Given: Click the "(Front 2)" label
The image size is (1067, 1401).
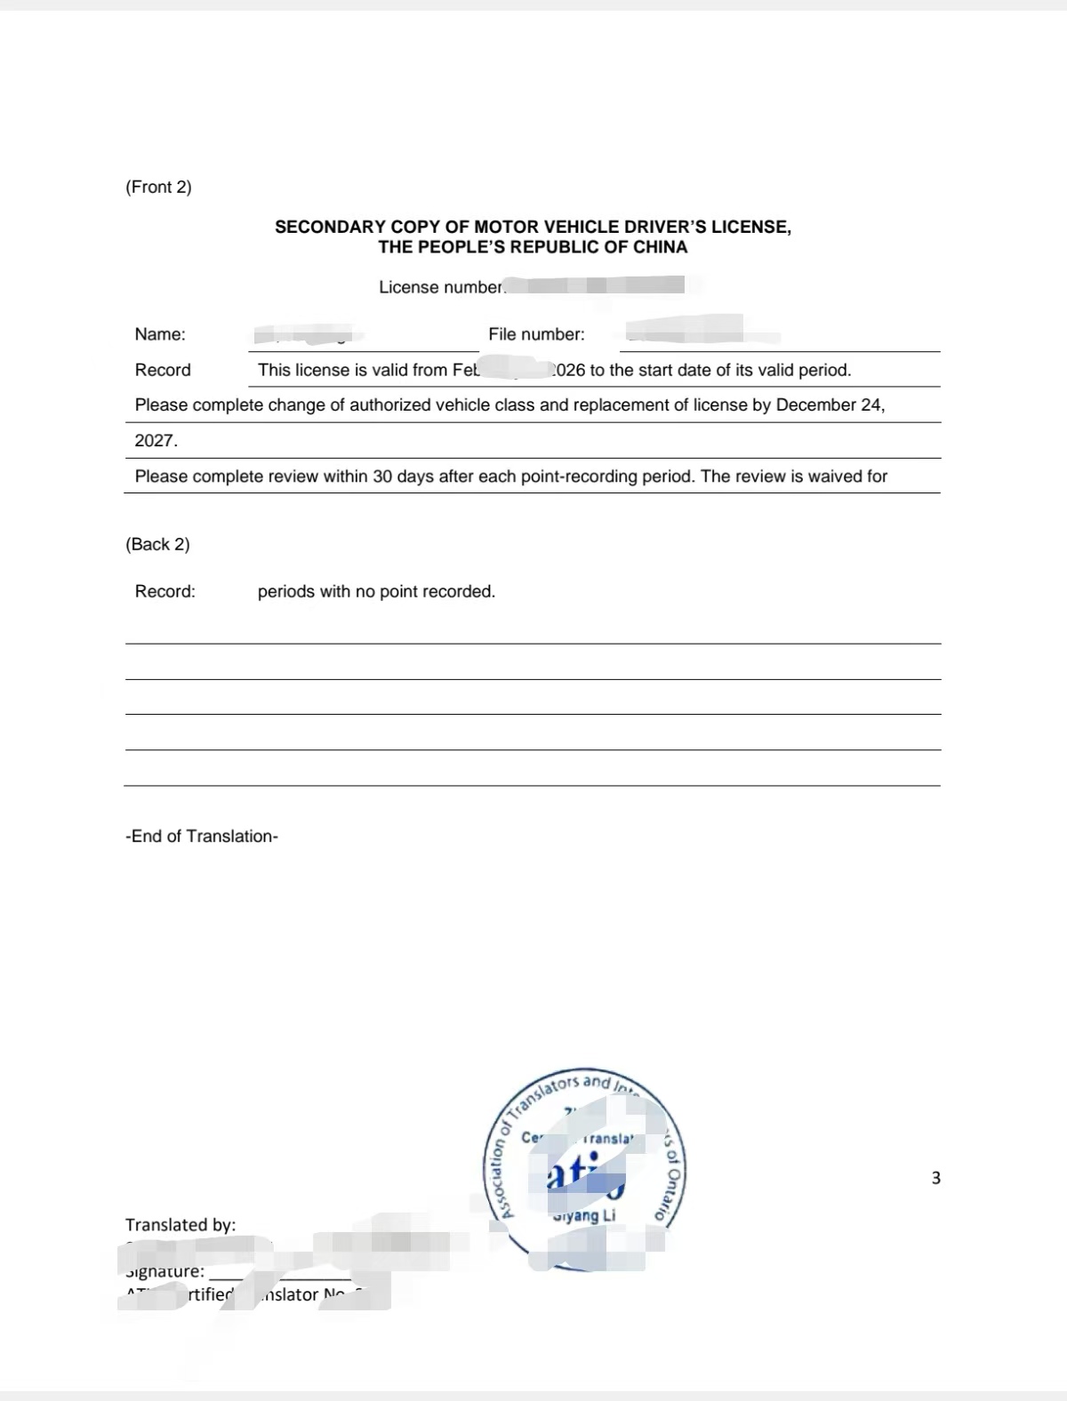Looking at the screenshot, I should [x=158, y=187].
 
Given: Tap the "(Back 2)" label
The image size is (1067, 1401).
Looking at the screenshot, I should [x=157, y=544].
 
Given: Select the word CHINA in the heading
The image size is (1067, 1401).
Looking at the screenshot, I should [x=660, y=247].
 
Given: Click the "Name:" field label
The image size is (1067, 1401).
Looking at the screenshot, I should [x=160, y=334].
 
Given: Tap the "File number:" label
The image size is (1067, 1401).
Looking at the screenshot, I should [x=536, y=334].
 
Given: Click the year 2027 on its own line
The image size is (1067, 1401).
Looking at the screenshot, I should [x=156, y=441].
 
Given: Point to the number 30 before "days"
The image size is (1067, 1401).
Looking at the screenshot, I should [x=382, y=476].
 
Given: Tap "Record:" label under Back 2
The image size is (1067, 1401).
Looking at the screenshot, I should [x=164, y=591].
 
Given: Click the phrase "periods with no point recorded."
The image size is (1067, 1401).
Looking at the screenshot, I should [x=376, y=591].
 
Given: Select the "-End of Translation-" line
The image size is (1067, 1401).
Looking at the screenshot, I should [x=202, y=837].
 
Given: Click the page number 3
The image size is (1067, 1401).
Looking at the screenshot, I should [x=935, y=1178].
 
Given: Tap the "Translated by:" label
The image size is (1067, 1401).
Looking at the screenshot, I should [x=181, y=1225].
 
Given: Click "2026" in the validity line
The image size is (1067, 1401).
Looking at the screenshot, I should [x=569, y=371].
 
